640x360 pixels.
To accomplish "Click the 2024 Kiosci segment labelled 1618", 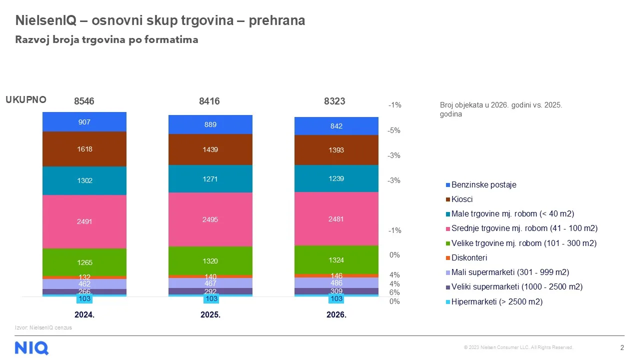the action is coord(84,149).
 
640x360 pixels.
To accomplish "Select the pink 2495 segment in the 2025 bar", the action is coord(210,219).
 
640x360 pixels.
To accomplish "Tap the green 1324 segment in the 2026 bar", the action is coord(336,259).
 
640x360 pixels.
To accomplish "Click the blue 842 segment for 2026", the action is coord(336,126).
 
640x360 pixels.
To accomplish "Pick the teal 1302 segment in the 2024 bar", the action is coord(84,180).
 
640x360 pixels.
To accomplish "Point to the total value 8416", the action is coord(209,101).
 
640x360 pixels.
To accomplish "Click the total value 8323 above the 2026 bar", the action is coord(334,101).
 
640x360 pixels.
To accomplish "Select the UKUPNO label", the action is coord(26,99).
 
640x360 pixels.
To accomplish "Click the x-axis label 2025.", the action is coord(210,314).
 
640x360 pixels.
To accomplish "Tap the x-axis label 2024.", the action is coord(84,314).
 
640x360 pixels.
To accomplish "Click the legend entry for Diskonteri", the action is coord(466,257).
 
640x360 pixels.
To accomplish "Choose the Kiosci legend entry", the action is coord(459,199).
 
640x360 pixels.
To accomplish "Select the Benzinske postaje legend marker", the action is coord(448,185).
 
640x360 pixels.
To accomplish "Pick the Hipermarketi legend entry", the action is coord(494,301).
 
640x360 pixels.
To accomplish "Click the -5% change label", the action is coord(394,130).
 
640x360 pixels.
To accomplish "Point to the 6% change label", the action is coord(394,292).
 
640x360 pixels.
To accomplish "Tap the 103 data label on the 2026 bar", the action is coord(336,298).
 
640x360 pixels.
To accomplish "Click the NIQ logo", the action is coord(31,348).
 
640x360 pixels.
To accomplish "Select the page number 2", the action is coord(622,347).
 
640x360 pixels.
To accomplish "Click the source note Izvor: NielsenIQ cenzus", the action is coord(43,327).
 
